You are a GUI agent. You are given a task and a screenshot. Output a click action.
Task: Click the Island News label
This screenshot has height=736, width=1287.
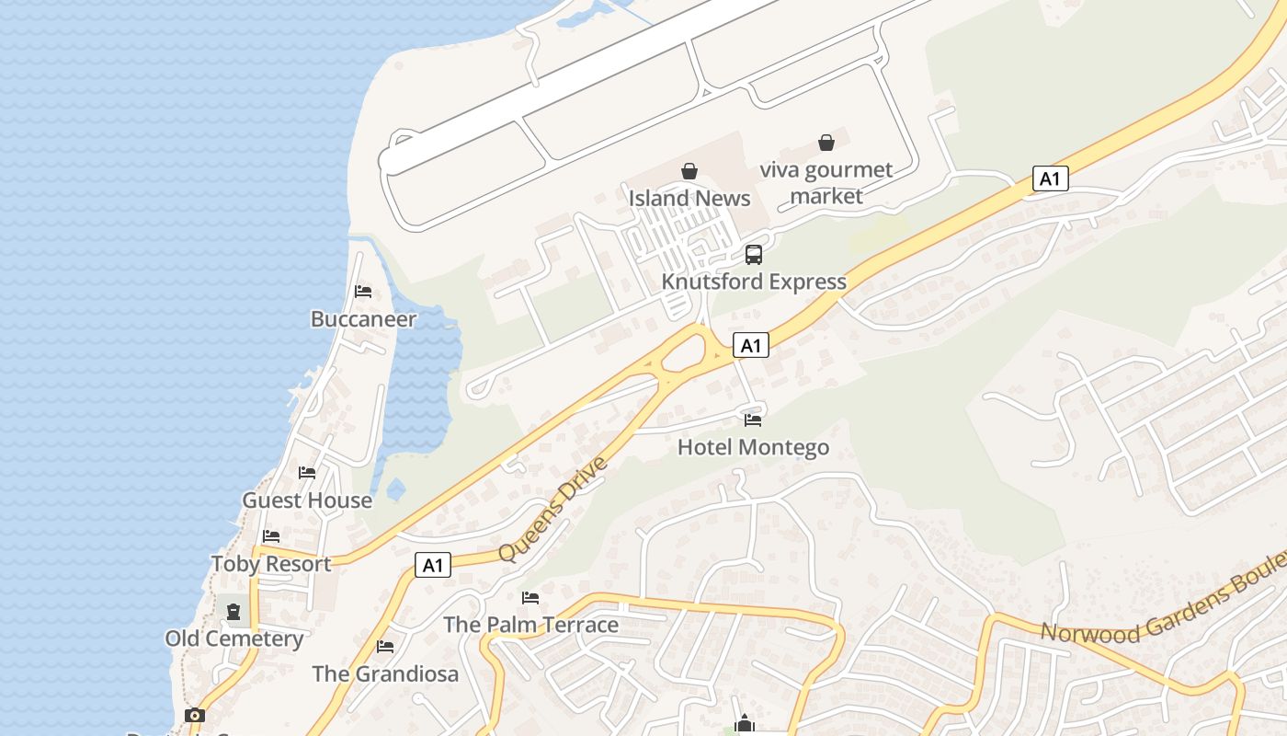689,198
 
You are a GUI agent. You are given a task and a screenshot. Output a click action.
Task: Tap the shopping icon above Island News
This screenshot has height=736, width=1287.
689,171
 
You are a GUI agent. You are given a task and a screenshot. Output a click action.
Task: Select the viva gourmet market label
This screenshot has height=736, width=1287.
826,182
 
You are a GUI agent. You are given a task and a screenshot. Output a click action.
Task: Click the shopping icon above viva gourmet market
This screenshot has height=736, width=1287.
826,143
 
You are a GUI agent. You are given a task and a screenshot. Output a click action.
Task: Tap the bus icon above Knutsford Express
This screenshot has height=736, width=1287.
754,255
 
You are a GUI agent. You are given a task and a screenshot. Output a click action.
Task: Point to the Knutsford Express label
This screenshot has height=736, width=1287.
754,282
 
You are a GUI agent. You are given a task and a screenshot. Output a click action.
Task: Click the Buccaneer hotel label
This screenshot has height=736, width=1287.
363,319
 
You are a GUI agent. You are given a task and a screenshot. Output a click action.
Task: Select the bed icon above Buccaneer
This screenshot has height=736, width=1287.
363,292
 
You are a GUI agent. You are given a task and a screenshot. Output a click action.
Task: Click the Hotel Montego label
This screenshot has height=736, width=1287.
753,447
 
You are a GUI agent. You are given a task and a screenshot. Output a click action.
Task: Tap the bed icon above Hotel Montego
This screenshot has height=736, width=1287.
753,420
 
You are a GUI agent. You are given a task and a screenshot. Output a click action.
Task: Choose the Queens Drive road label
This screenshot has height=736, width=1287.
553,508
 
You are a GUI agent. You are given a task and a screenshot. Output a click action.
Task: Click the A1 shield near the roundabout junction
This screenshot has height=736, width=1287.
751,345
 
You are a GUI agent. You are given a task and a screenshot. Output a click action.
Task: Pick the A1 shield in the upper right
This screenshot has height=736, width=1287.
1050,178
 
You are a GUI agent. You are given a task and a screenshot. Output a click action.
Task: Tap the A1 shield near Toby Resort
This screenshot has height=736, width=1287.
433,565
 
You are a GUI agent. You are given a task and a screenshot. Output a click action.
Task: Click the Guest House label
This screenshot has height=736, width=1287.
307,500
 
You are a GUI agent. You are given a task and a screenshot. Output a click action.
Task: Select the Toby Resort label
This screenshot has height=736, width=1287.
271,564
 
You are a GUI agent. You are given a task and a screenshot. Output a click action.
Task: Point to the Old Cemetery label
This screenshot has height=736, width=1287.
234,638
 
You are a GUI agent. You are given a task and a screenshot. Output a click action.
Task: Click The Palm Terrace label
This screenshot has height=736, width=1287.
530,625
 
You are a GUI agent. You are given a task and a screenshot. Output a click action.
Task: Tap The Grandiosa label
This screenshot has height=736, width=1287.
385,673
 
